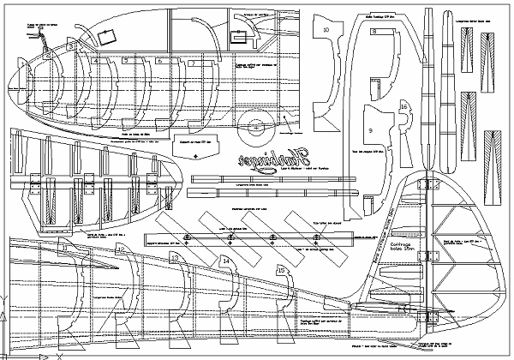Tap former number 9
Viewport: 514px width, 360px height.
(x=371, y=129)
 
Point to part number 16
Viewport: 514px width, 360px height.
(x=403, y=106)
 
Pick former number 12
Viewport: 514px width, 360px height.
(x=120, y=250)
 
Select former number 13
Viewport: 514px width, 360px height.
(x=175, y=256)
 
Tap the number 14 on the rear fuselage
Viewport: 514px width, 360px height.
(x=225, y=261)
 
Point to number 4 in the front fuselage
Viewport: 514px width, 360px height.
(x=96, y=62)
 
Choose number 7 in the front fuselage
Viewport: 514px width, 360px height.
(x=194, y=63)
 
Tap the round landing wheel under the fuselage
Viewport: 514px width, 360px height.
(x=251, y=123)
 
